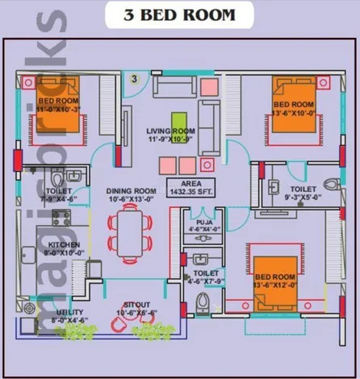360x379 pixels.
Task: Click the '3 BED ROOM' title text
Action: (179, 15)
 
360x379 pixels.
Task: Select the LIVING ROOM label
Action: (170, 135)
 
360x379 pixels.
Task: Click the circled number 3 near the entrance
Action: (135, 78)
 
